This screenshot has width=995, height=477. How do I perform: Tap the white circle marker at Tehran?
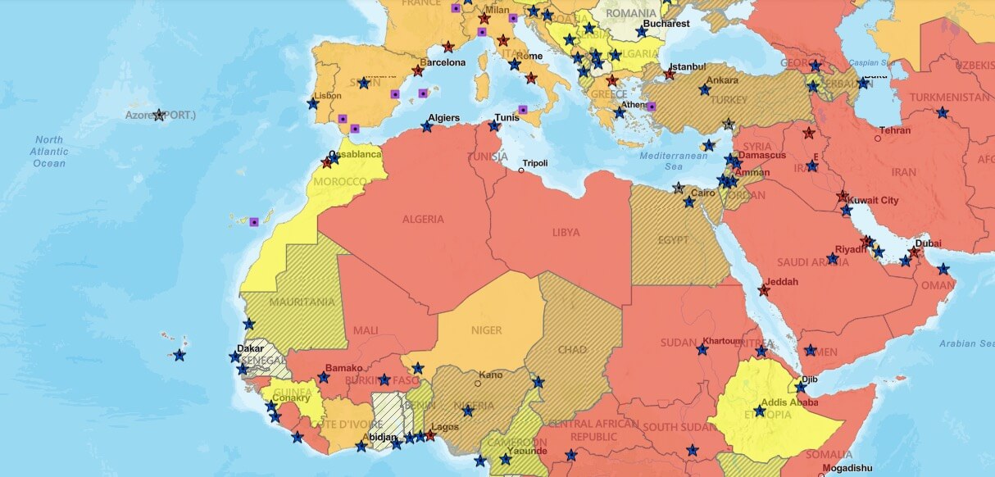tap(877, 139)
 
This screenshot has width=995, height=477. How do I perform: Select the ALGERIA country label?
tap(423, 219)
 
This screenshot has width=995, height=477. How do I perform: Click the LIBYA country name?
tap(566, 232)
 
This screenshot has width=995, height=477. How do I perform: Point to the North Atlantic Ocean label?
tap(49, 152)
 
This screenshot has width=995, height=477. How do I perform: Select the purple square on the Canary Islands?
tap(254, 221)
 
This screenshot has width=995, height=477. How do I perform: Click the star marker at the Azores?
tap(158, 115)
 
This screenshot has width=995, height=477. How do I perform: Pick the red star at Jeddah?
tap(764, 289)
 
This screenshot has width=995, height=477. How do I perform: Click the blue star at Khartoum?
tap(702, 350)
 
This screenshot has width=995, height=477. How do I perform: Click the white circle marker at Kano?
tap(478, 383)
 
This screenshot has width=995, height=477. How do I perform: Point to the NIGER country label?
tap(486, 330)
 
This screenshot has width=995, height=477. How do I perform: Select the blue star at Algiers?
tap(426, 127)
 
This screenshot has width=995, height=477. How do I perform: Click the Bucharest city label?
tap(666, 24)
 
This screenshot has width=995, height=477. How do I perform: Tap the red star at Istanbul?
tap(669, 75)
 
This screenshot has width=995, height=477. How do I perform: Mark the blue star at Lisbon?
tap(312, 104)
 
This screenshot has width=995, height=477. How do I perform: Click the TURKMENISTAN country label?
tap(949, 98)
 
